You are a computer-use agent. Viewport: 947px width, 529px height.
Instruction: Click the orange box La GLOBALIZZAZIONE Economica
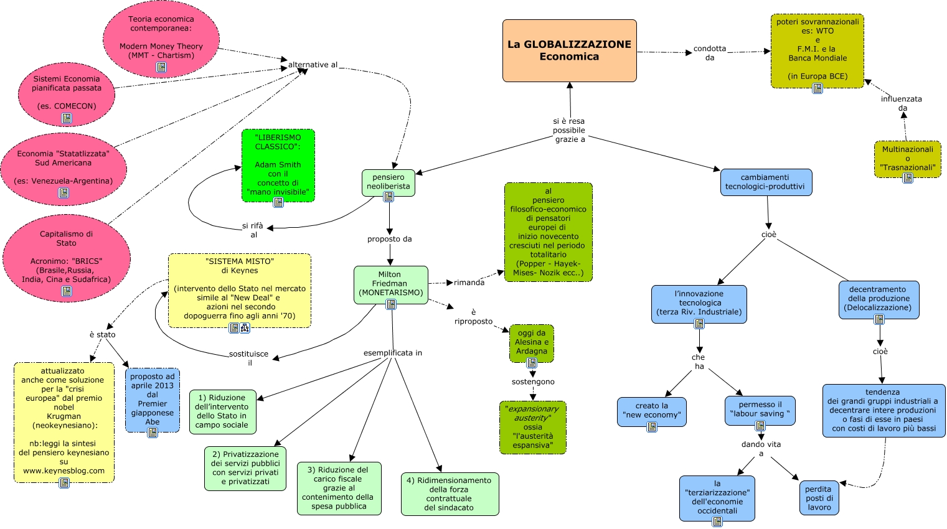569,50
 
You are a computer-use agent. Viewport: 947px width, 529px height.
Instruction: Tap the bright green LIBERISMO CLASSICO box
278,165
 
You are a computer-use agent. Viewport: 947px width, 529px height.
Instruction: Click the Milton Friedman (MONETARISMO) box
390,284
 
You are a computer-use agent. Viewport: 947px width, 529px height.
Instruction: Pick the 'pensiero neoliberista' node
388,182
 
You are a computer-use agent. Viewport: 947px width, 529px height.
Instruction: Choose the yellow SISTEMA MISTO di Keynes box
239,289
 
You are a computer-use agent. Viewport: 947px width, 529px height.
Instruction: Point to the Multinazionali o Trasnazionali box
907,159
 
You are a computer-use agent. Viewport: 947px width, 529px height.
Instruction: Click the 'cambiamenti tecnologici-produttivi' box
765,182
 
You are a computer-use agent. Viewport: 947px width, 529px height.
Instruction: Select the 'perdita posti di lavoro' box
819,497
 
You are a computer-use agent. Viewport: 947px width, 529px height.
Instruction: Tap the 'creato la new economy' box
651,411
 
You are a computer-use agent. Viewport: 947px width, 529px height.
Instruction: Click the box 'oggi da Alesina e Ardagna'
532,342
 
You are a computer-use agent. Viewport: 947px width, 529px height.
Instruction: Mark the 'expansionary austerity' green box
532,427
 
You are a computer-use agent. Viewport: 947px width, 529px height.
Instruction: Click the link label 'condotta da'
710,53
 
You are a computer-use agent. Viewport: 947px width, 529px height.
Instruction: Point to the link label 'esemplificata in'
392,353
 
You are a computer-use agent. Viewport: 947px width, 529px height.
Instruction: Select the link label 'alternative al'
313,65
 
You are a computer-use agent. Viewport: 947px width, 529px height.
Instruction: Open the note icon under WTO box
817,88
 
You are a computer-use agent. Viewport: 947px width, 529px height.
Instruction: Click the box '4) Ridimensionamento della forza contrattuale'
450,494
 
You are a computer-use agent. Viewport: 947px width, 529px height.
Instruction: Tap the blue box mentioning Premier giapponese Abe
153,399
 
